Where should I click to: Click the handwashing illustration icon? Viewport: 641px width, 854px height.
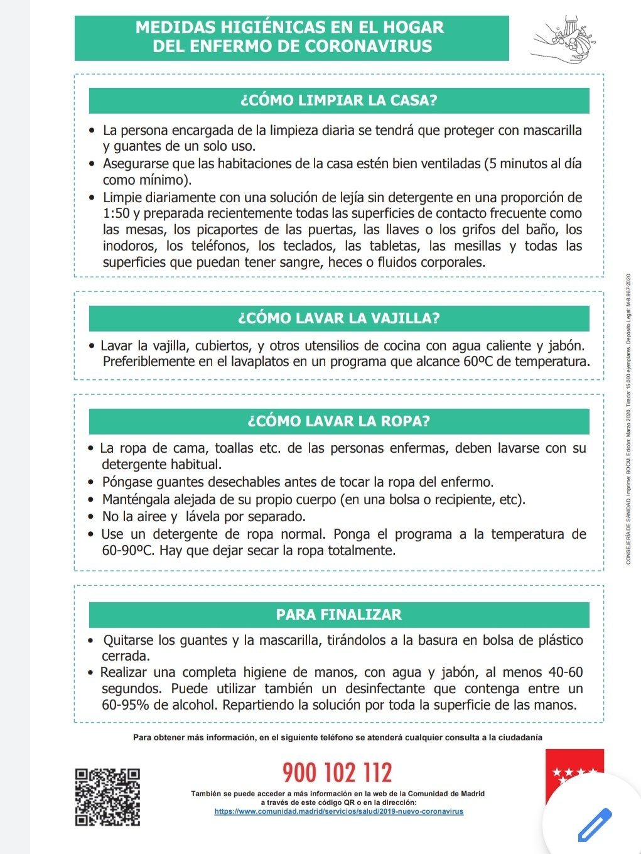pyautogui.click(x=563, y=39)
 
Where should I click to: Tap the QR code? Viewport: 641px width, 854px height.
pyautogui.click(x=107, y=797)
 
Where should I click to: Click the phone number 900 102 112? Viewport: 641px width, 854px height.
pyautogui.click(x=337, y=772)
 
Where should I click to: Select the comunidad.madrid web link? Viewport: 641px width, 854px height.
pyautogui.click(x=339, y=811)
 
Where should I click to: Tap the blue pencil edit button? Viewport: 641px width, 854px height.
pyautogui.click(x=594, y=825)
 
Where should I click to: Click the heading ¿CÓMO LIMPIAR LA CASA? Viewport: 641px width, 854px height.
pyautogui.click(x=339, y=100)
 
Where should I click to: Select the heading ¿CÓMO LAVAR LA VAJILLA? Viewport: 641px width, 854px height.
pyautogui.click(x=339, y=318)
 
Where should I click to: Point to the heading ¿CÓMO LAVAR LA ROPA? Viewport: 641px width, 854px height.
pyautogui.click(x=339, y=421)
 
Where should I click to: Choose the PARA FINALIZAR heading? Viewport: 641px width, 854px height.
pyautogui.click(x=339, y=615)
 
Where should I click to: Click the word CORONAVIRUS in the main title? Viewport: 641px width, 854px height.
pyautogui.click(x=369, y=46)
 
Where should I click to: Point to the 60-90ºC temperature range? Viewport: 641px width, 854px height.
pyautogui.click(x=128, y=551)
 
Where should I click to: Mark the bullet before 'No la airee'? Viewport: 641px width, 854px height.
pyautogui.click(x=93, y=517)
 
